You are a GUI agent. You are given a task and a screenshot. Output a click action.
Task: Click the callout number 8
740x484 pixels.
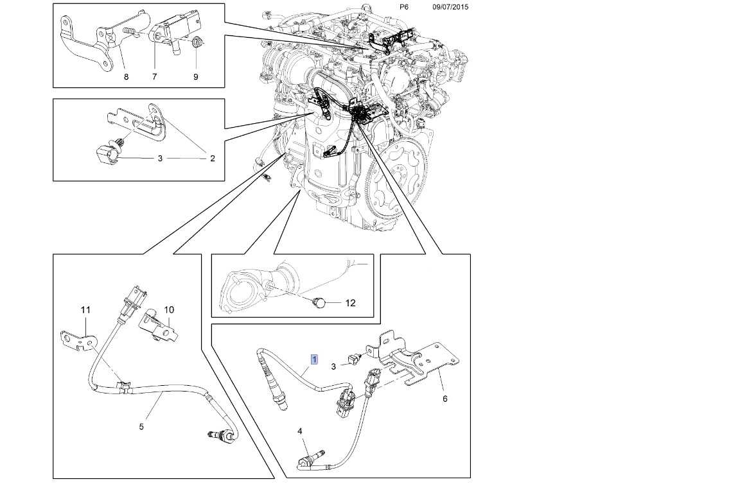[126, 77]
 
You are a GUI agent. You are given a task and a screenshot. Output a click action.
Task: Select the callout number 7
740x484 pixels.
[154, 77]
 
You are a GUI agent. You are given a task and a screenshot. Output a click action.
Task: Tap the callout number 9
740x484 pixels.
[196, 77]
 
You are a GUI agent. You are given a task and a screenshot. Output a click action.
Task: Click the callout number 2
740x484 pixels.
[212, 158]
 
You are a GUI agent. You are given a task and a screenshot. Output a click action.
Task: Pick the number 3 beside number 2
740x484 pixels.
[160, 158]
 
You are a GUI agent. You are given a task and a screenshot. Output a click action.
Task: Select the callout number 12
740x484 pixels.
[350, 302]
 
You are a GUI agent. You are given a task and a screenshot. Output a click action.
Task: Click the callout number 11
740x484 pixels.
[85, 311]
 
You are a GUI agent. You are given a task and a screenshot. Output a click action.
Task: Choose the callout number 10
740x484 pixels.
[169, 309]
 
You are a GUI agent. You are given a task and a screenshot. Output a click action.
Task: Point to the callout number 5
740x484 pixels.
[141, 426]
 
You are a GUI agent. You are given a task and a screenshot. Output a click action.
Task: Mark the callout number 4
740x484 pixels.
[299, 431]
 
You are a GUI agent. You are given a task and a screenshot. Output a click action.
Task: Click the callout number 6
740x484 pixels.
[445, 399]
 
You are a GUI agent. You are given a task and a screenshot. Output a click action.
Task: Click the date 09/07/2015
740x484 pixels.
[450, 7]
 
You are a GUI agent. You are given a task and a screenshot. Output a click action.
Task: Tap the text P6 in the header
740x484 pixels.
[404, 7]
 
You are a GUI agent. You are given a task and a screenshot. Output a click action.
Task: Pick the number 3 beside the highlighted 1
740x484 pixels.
[333, 367]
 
